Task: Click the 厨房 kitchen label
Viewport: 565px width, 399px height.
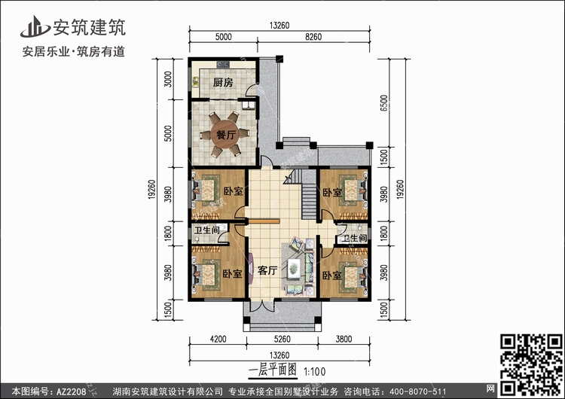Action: point(223,83)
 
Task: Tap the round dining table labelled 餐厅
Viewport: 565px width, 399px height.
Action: point(225,134)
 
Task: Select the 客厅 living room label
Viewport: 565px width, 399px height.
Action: point(267,270)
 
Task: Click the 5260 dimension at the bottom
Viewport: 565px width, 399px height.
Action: point(282,339)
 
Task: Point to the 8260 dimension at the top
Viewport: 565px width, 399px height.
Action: point(313,37)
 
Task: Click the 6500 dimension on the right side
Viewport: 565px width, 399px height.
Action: point(384,102)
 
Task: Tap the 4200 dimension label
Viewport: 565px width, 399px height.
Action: point(218,339)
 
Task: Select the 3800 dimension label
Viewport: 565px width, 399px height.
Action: point(344,339)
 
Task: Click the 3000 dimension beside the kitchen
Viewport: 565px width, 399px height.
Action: point(168,79)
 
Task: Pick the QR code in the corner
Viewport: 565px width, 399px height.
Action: point(531,364)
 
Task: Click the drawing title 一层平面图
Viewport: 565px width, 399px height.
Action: point(273,370)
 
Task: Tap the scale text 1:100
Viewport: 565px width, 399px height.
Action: point(314,371)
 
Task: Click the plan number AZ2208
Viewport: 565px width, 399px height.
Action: point(71,391)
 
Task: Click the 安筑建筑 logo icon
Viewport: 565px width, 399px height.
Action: point(35,26)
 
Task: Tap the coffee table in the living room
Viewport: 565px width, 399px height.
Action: point(294,268)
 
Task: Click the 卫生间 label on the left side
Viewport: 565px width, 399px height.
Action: point(206,230)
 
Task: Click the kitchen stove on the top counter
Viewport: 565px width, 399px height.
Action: point(223,65)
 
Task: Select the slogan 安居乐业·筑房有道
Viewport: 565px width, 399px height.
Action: point(74,52)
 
